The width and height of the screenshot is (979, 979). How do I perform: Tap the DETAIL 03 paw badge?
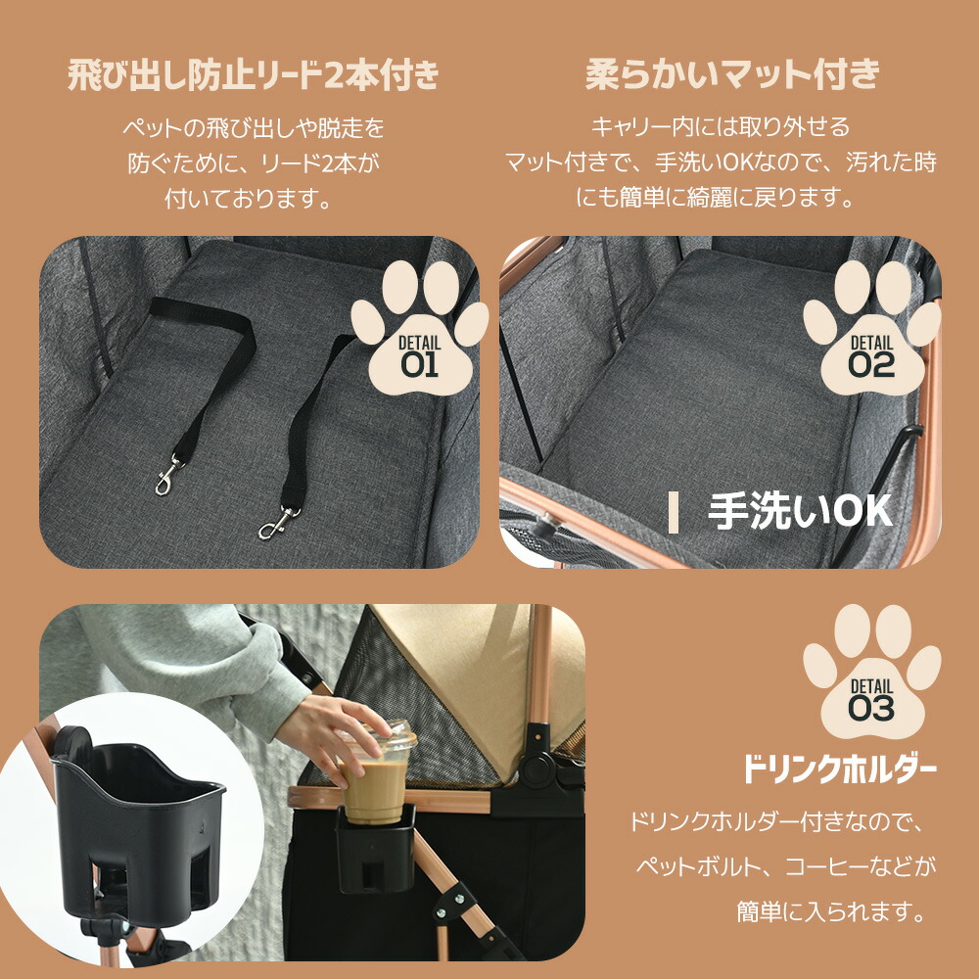coord(871,672)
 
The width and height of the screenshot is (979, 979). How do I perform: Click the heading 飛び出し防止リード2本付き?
coord(254,76)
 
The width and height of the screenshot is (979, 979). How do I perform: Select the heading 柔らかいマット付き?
coord(732,75)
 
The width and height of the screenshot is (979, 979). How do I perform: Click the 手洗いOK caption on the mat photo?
coord(800,512)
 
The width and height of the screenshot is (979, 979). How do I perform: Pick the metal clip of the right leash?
coord(278,523)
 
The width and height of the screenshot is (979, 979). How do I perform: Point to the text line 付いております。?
coord(248,199)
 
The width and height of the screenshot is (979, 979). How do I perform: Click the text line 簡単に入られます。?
coord(831,912)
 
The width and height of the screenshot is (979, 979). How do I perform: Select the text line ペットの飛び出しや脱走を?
coord(254,128)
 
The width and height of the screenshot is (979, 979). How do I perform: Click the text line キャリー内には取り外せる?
coord(721,126)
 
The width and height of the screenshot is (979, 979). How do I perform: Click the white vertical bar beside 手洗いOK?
coord(674,513)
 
